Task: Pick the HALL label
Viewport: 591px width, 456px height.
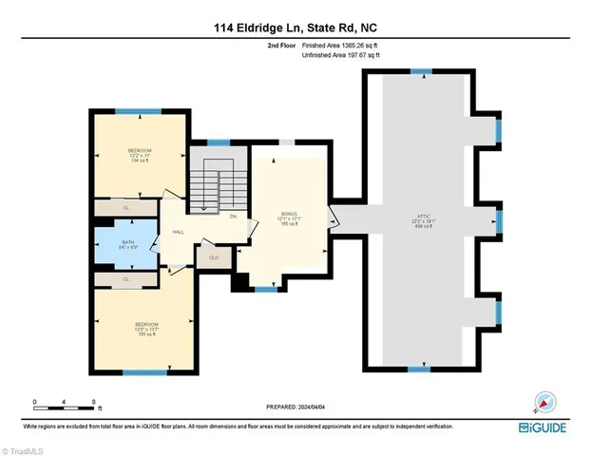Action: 177,232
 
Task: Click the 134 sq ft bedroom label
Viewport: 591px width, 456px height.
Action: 141,156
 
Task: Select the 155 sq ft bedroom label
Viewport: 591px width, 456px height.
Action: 146,329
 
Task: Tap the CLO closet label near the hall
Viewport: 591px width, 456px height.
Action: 214,257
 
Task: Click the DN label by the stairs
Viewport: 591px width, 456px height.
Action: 234,216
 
